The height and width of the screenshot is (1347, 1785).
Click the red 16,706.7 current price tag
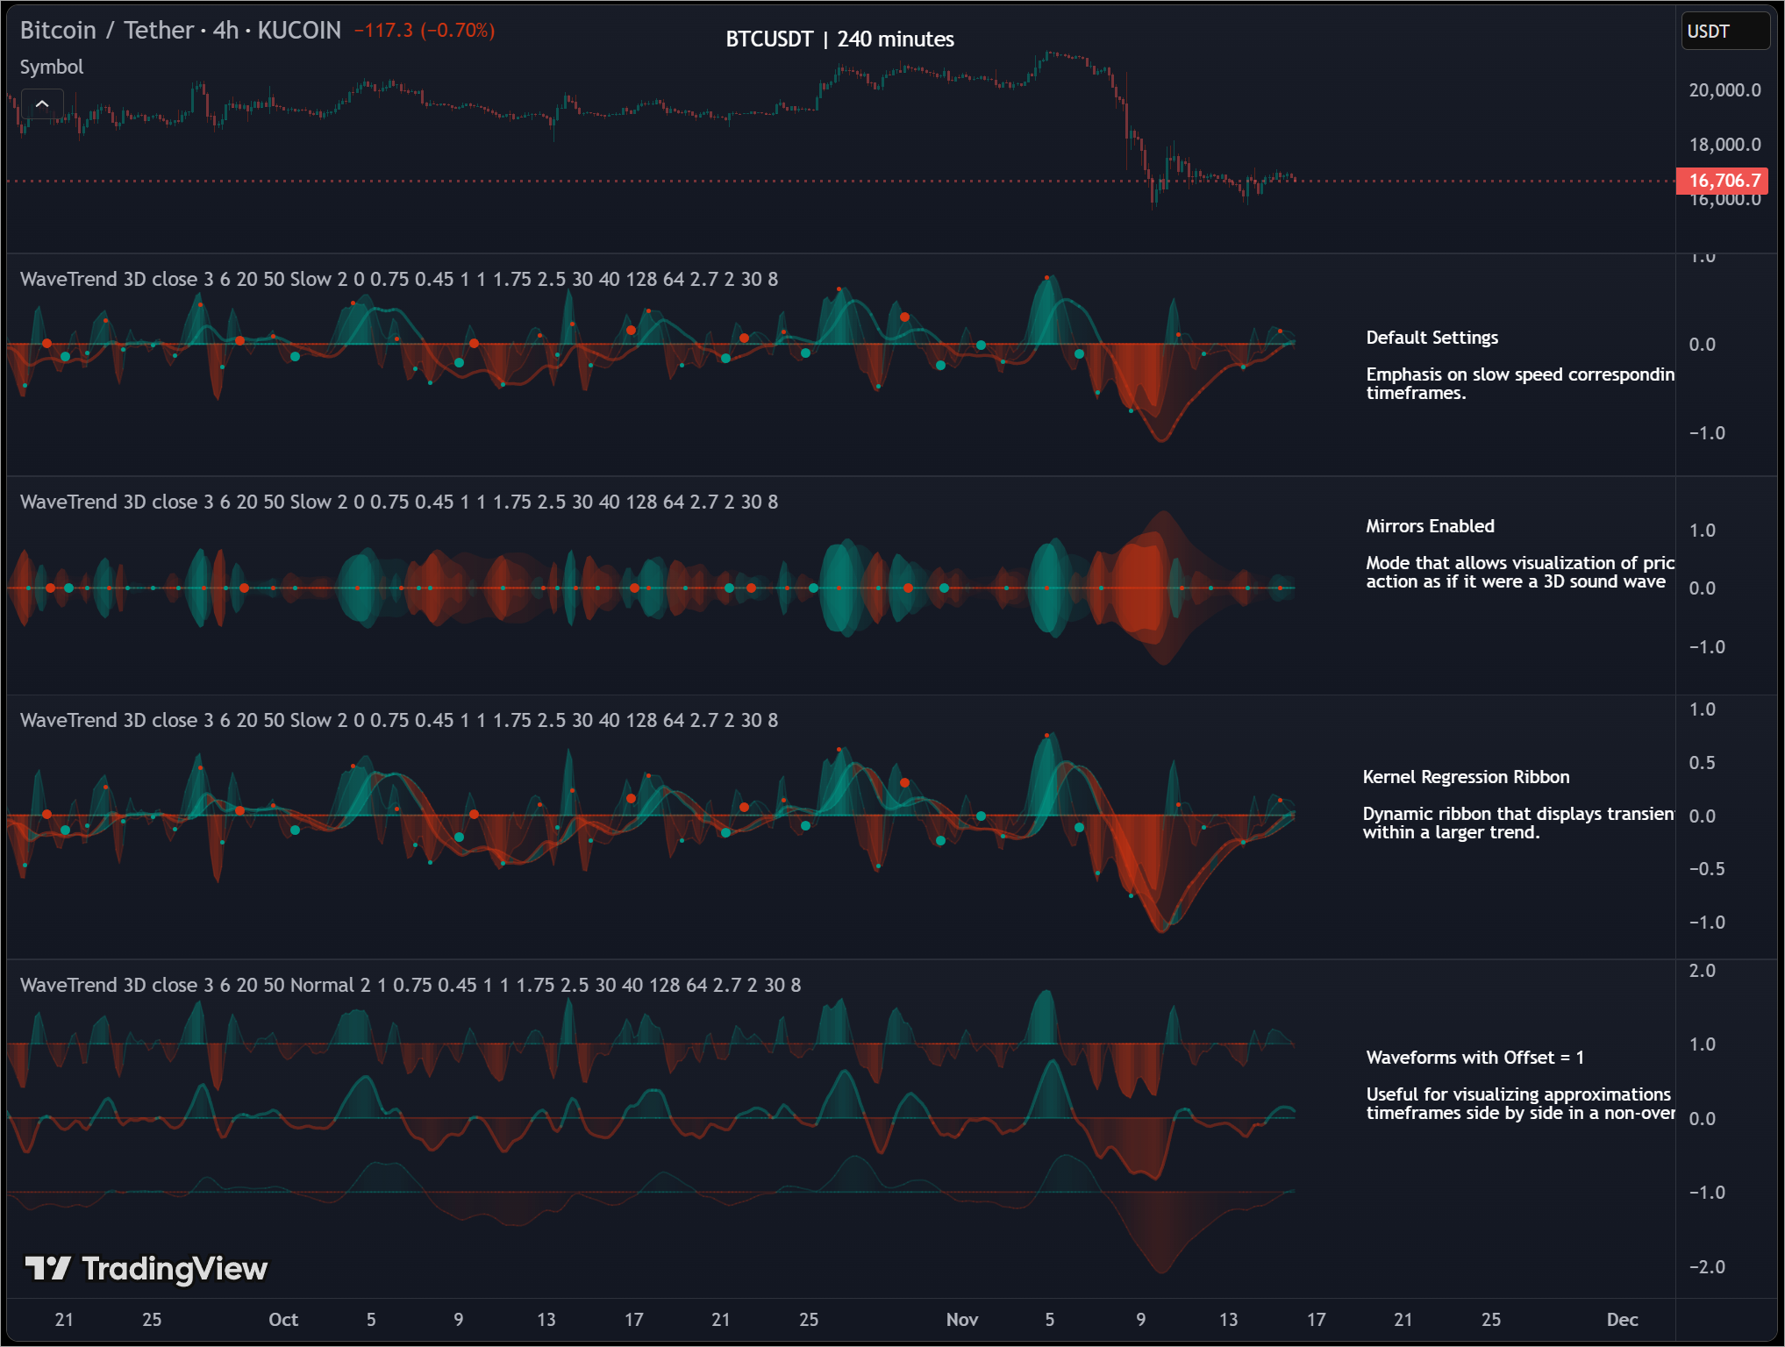point(1723,181)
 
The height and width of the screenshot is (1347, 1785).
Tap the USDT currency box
point(1724,32)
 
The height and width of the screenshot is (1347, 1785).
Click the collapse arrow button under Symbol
point(42,104)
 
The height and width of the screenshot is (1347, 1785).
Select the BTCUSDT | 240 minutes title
point(839,39)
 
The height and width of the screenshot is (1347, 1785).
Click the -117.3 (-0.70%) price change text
point(425,31)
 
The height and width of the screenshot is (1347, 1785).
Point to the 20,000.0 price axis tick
point(1724,90)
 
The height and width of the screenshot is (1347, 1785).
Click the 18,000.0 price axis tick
point(1724,145)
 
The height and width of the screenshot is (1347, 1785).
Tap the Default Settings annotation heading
point(1432,338)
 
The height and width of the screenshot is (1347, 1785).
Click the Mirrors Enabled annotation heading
point(1430,526)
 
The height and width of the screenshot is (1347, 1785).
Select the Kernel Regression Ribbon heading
point(1466,777)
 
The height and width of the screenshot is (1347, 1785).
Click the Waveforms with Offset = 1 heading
point(1474,1058)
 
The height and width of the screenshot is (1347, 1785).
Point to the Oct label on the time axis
point(283,1320)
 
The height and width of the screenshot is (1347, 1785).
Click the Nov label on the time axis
point(962,1320)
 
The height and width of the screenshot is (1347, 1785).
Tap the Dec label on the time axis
point(1622,1320)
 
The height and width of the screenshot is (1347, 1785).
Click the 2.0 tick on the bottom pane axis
point(1702,971)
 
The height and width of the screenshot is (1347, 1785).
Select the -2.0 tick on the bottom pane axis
point(1706,1267)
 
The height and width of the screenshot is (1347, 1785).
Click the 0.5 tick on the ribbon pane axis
point(1702,763)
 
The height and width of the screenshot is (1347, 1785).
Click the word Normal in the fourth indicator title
point(322,985)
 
